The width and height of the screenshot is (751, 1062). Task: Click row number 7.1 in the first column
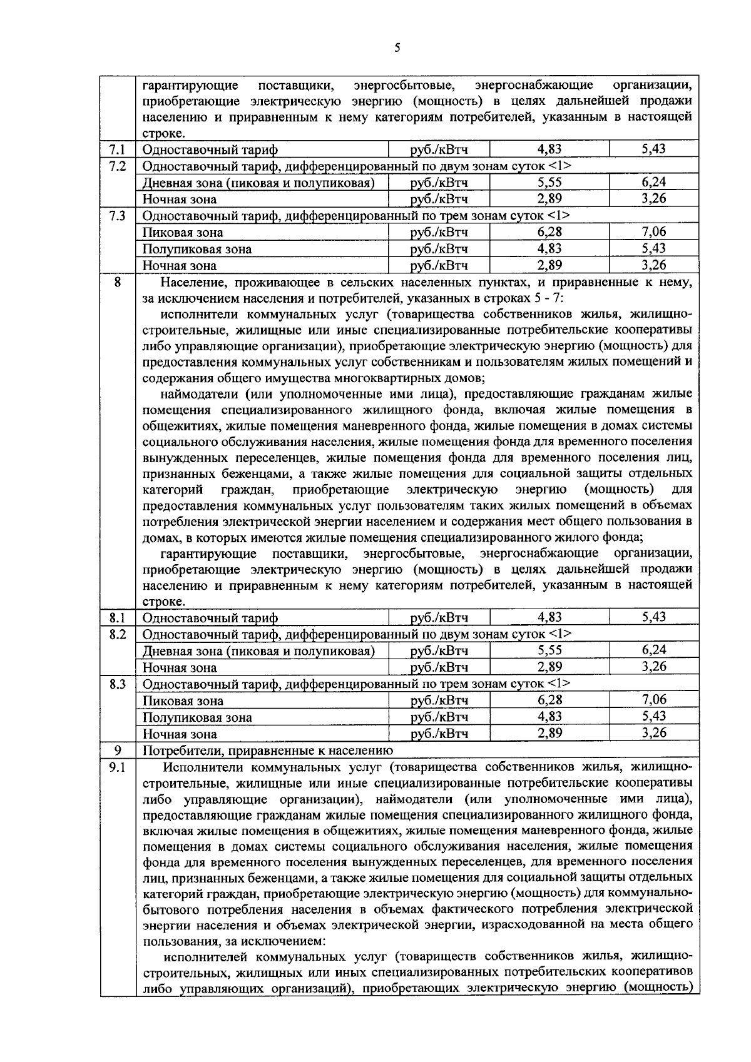tap(117, 149)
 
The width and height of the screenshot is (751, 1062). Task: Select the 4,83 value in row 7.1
tap(549, 149)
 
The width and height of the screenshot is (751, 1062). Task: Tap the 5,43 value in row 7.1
tap(653, 149)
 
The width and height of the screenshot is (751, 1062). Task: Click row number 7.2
tap(117, 166)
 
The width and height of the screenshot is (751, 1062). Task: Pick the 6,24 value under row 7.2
tap(653, 182)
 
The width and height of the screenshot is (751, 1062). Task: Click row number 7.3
tap(117, 216)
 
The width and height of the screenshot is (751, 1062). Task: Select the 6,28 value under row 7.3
tap(549, 232)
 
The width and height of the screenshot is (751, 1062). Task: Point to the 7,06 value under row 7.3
tap(653, 232)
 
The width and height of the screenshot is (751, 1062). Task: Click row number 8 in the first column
tap(117, 282)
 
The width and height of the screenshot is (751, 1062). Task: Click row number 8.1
tap(117, 618)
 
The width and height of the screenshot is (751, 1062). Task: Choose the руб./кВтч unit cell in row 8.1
tap(439, 618)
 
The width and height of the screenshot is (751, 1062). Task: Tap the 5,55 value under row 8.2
tap(549, 650)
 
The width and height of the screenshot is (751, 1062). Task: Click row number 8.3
tap(117, 684)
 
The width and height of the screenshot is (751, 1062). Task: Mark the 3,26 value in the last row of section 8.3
tap(653, 733)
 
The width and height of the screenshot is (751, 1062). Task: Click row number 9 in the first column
tap(117, 751)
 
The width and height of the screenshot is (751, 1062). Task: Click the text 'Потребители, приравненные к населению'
tap(268, 751)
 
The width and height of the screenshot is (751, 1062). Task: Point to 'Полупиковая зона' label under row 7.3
tap(197, 249)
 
